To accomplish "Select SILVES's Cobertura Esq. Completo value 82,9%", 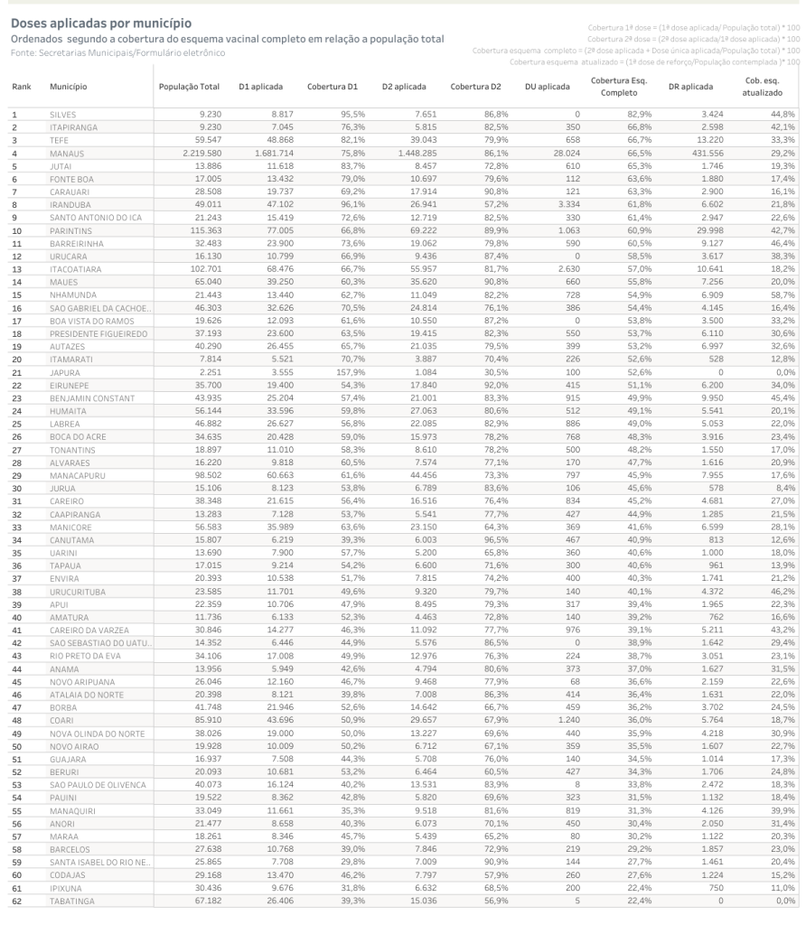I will coord(628,115).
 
